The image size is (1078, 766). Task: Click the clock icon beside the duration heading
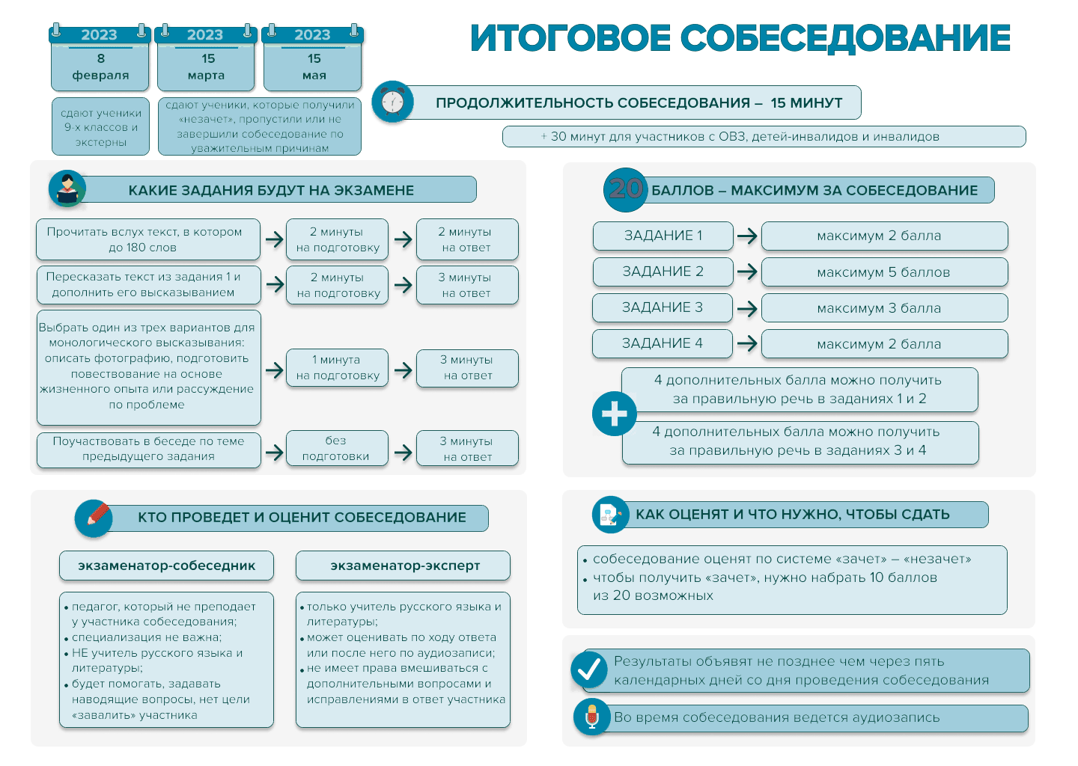point(392,102)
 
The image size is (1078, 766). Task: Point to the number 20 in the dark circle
point(625,189)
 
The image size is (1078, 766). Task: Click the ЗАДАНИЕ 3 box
point(663,307)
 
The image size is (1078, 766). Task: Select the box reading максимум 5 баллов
point(884,272)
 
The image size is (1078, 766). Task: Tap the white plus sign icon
point(614,414)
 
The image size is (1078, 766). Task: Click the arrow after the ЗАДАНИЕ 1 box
point(747,236)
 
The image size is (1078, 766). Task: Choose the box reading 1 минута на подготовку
point(337,368)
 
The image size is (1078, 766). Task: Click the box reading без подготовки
point(337,448)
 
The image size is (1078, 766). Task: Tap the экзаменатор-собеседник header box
point(166,566)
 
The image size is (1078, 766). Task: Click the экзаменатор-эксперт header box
point(403,566)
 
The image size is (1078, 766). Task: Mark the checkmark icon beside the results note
point(589,670)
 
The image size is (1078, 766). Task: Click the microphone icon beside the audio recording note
point(592,717)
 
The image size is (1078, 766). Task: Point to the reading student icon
point(67,189)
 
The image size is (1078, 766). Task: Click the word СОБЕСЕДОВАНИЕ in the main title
point(846,38)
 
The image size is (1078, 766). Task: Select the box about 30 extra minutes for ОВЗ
point(764,137)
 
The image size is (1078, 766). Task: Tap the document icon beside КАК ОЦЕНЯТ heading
point(610,514)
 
